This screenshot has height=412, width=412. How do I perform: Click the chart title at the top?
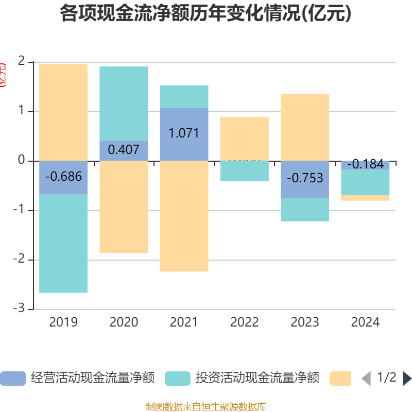pos(206,13)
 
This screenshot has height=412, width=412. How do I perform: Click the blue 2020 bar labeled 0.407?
pos(124,150)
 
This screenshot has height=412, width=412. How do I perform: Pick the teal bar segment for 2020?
pos(124,104)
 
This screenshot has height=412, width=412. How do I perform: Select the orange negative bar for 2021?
pos(184,216)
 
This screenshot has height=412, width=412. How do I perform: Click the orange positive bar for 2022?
pos(244,139)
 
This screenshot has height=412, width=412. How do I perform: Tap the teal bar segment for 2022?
pos(244,171)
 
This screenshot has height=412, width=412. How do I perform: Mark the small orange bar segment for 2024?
pos(365,198)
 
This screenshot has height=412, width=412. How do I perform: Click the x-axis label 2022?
pos(244,322)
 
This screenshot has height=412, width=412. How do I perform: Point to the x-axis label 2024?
pos(365,322)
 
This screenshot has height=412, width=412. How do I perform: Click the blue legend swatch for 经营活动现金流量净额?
pos(13,379)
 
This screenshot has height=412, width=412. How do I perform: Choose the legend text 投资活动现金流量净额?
pos(257,378)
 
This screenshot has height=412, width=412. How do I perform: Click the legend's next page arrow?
pos(406,379)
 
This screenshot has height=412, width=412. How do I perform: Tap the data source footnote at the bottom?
pos(206,406)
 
